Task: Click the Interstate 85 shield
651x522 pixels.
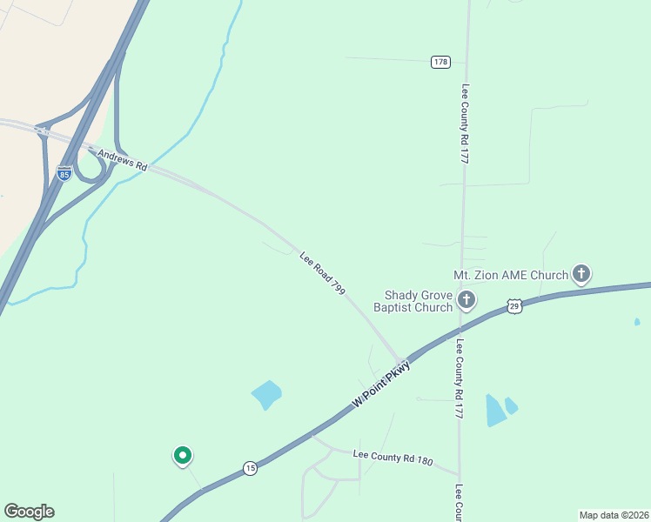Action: click(x=64, y=174)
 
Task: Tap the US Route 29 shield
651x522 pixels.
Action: click(x=515, y=306)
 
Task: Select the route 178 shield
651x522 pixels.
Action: click(x=440, y=62)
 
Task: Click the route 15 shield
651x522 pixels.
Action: click(x=250, y=467)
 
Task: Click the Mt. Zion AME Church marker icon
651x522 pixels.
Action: click(x=581, y=275)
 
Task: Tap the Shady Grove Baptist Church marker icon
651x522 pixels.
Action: click(x=466, y=301)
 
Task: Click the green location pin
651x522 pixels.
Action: click(x=183, y=455)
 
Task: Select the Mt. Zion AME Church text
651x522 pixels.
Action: click(x=511, y=275)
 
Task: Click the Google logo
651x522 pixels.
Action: click(x=29, y=512)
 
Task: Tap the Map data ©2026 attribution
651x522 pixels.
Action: click(x=614, y=514)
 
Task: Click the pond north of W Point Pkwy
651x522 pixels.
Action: click(x=267, y=395)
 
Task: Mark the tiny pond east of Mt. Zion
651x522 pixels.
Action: click(x=637, y=322)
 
